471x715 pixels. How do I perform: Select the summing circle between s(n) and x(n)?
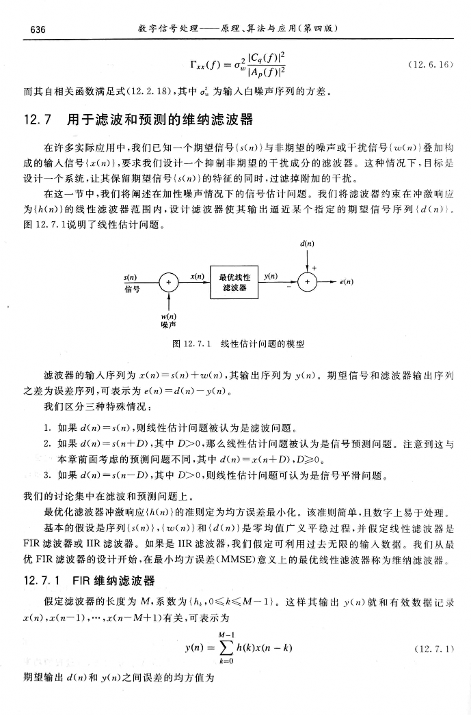[167, 281]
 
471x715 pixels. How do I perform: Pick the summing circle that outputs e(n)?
[307, 281]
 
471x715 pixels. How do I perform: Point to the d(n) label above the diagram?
[307, 238]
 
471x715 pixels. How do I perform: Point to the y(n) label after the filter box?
[273, 275]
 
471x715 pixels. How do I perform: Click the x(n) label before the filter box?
[198, 275]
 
